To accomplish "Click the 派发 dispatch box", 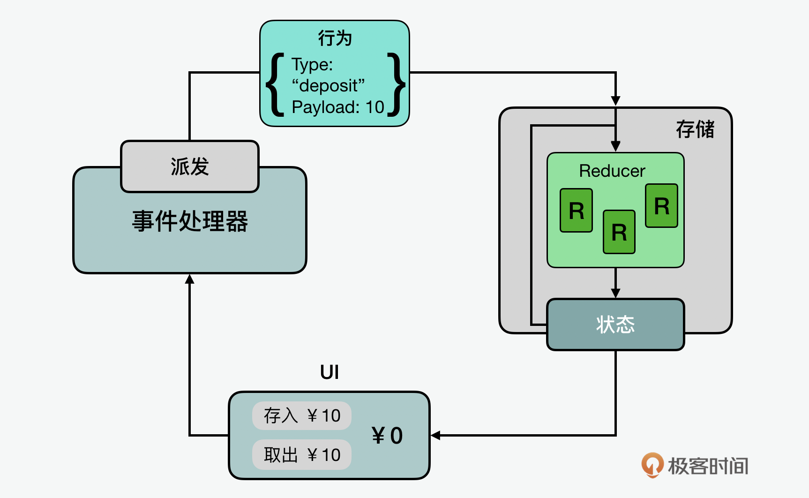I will (x=189, y=166).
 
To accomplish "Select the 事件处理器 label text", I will (x=190, y=221).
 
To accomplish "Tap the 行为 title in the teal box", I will (x=335, y=38).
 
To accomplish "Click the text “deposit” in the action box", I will (x=328, y=86).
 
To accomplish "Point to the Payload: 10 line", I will (x=337, y=107).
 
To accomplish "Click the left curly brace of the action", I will (x=275, y=84).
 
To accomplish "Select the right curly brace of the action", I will (x=396, y=84).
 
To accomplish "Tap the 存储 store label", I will (x=695, y=129).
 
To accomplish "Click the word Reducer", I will (x=612, y=171).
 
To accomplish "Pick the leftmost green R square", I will (x=577, y=211).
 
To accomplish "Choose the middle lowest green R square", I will (x=619, y=232).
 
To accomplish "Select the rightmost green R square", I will (x=661, y=206).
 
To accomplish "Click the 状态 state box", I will (x=615, y=324).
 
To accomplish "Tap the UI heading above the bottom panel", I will (x=330, y=372).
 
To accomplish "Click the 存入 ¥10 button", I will (x=302, y=415).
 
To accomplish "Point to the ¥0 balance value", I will (x=387, y=436).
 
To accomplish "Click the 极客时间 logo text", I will (x=708, y=466).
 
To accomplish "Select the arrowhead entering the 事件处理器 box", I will (x=189, y=279).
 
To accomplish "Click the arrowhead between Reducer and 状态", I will (x=615, y=293).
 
